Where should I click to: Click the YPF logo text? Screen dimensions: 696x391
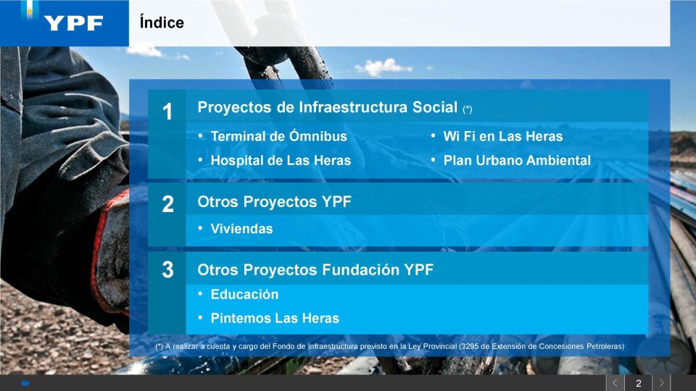[x=74, y=23]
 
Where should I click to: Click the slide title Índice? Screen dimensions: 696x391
[x=162, y=22]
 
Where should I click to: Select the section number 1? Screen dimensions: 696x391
[x=167, y=112]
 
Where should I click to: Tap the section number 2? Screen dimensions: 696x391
[x=167, y=204]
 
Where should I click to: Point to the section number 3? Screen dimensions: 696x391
[x=167, y=269]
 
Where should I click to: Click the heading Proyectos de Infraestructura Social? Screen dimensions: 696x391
[x=328, y=107]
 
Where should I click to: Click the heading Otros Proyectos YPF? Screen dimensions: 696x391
[x=274, y=202]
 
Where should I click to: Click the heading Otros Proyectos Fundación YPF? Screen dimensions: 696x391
[x=315, y=269]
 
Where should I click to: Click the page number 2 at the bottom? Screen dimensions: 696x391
[x=638, y=383]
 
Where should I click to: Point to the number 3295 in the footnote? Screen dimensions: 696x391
[x=470, y=346]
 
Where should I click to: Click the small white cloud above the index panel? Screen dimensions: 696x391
[x=384, y=67]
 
